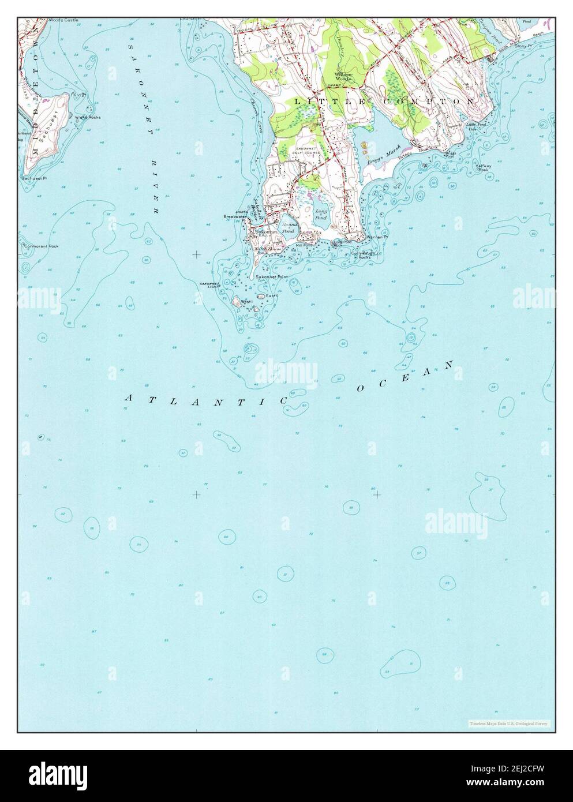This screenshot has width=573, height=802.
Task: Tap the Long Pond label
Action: point(321,214)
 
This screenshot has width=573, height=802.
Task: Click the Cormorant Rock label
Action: point(42,246)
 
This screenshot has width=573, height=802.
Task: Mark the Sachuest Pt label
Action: point(33,179)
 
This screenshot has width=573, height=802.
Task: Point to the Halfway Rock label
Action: point(482,168)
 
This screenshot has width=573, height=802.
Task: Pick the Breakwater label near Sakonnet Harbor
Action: point(235,217)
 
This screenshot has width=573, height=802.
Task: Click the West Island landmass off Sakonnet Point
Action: point(236,301)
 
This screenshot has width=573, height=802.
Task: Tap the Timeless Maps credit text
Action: point(508,723)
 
